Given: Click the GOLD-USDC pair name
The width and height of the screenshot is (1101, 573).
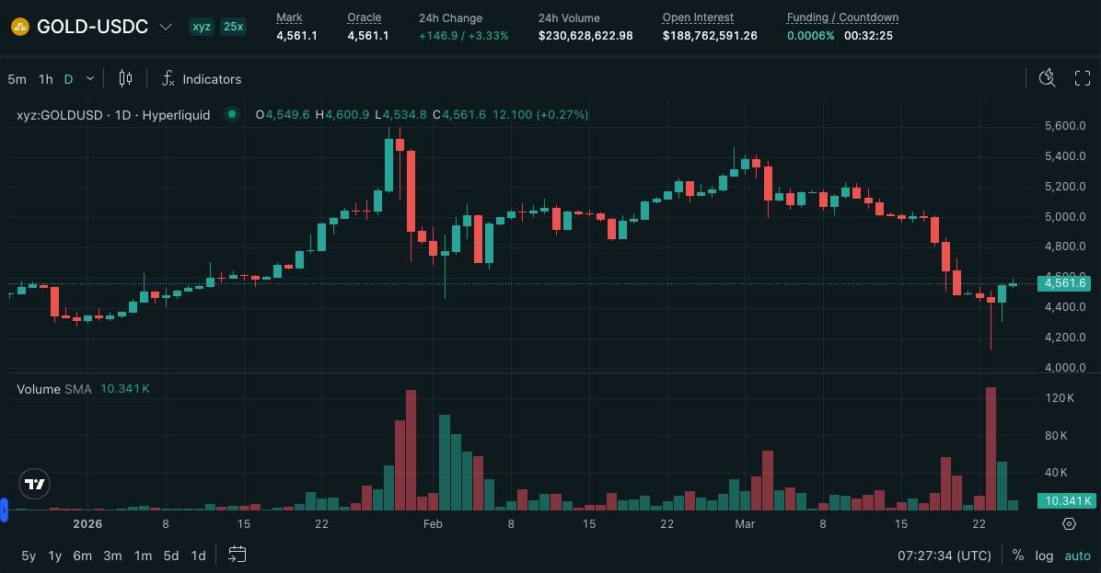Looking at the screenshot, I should (92, 27).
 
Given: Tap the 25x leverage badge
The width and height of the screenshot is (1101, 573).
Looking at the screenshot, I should (233, 27).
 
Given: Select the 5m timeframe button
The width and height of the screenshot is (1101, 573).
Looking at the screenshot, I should (17, 79).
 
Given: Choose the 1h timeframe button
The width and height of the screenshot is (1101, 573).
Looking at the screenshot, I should (45, 79).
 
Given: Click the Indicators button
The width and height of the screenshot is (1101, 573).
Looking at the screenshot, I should (202, 79).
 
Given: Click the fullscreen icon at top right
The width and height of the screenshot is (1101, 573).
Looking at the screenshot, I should (1083, 78).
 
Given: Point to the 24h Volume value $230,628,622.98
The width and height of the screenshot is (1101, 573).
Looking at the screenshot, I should (585, 36).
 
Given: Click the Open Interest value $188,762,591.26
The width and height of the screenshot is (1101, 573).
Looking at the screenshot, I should (710, 36).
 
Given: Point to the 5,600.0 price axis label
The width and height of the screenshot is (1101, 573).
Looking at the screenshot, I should (1065, 126).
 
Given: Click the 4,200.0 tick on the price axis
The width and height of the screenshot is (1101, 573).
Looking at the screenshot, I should (1065, 338).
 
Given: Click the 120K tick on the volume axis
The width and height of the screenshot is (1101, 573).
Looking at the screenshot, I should (1060, 398).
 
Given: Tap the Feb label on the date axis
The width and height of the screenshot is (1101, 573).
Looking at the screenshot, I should (432, 524).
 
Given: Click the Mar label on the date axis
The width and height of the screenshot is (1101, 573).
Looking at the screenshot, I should (745, 524).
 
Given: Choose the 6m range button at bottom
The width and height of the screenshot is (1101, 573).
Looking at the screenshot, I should (83, 556).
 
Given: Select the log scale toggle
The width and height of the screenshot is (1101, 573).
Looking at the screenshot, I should (1044, 556).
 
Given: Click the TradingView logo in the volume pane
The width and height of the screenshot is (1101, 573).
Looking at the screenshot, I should (35, 484).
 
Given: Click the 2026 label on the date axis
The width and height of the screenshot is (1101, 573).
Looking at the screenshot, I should (87, 524).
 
